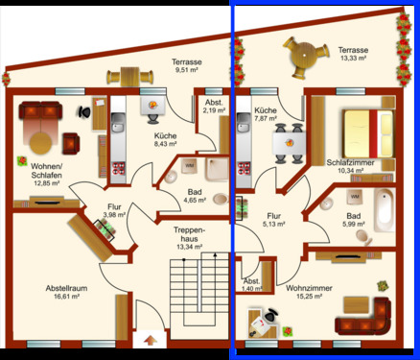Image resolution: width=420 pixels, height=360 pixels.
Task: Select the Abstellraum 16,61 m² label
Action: tap(68, 293)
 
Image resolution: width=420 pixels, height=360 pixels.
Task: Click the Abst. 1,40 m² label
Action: tap(251, 284)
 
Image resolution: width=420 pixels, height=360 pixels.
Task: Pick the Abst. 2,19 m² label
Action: tap(213, 107)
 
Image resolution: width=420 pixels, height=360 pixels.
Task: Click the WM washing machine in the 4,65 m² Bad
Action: tap(188, 166)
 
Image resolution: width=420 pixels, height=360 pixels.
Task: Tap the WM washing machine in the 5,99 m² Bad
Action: tap(354, 197)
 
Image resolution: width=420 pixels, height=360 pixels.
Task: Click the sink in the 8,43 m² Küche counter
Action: tap(119, 122)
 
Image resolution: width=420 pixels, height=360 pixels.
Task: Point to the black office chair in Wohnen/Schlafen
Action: tap(85, 111)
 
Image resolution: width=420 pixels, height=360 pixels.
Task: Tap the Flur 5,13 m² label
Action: tap(275, 221)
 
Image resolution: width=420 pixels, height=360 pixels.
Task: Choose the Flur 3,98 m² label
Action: tap(115, 209)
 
